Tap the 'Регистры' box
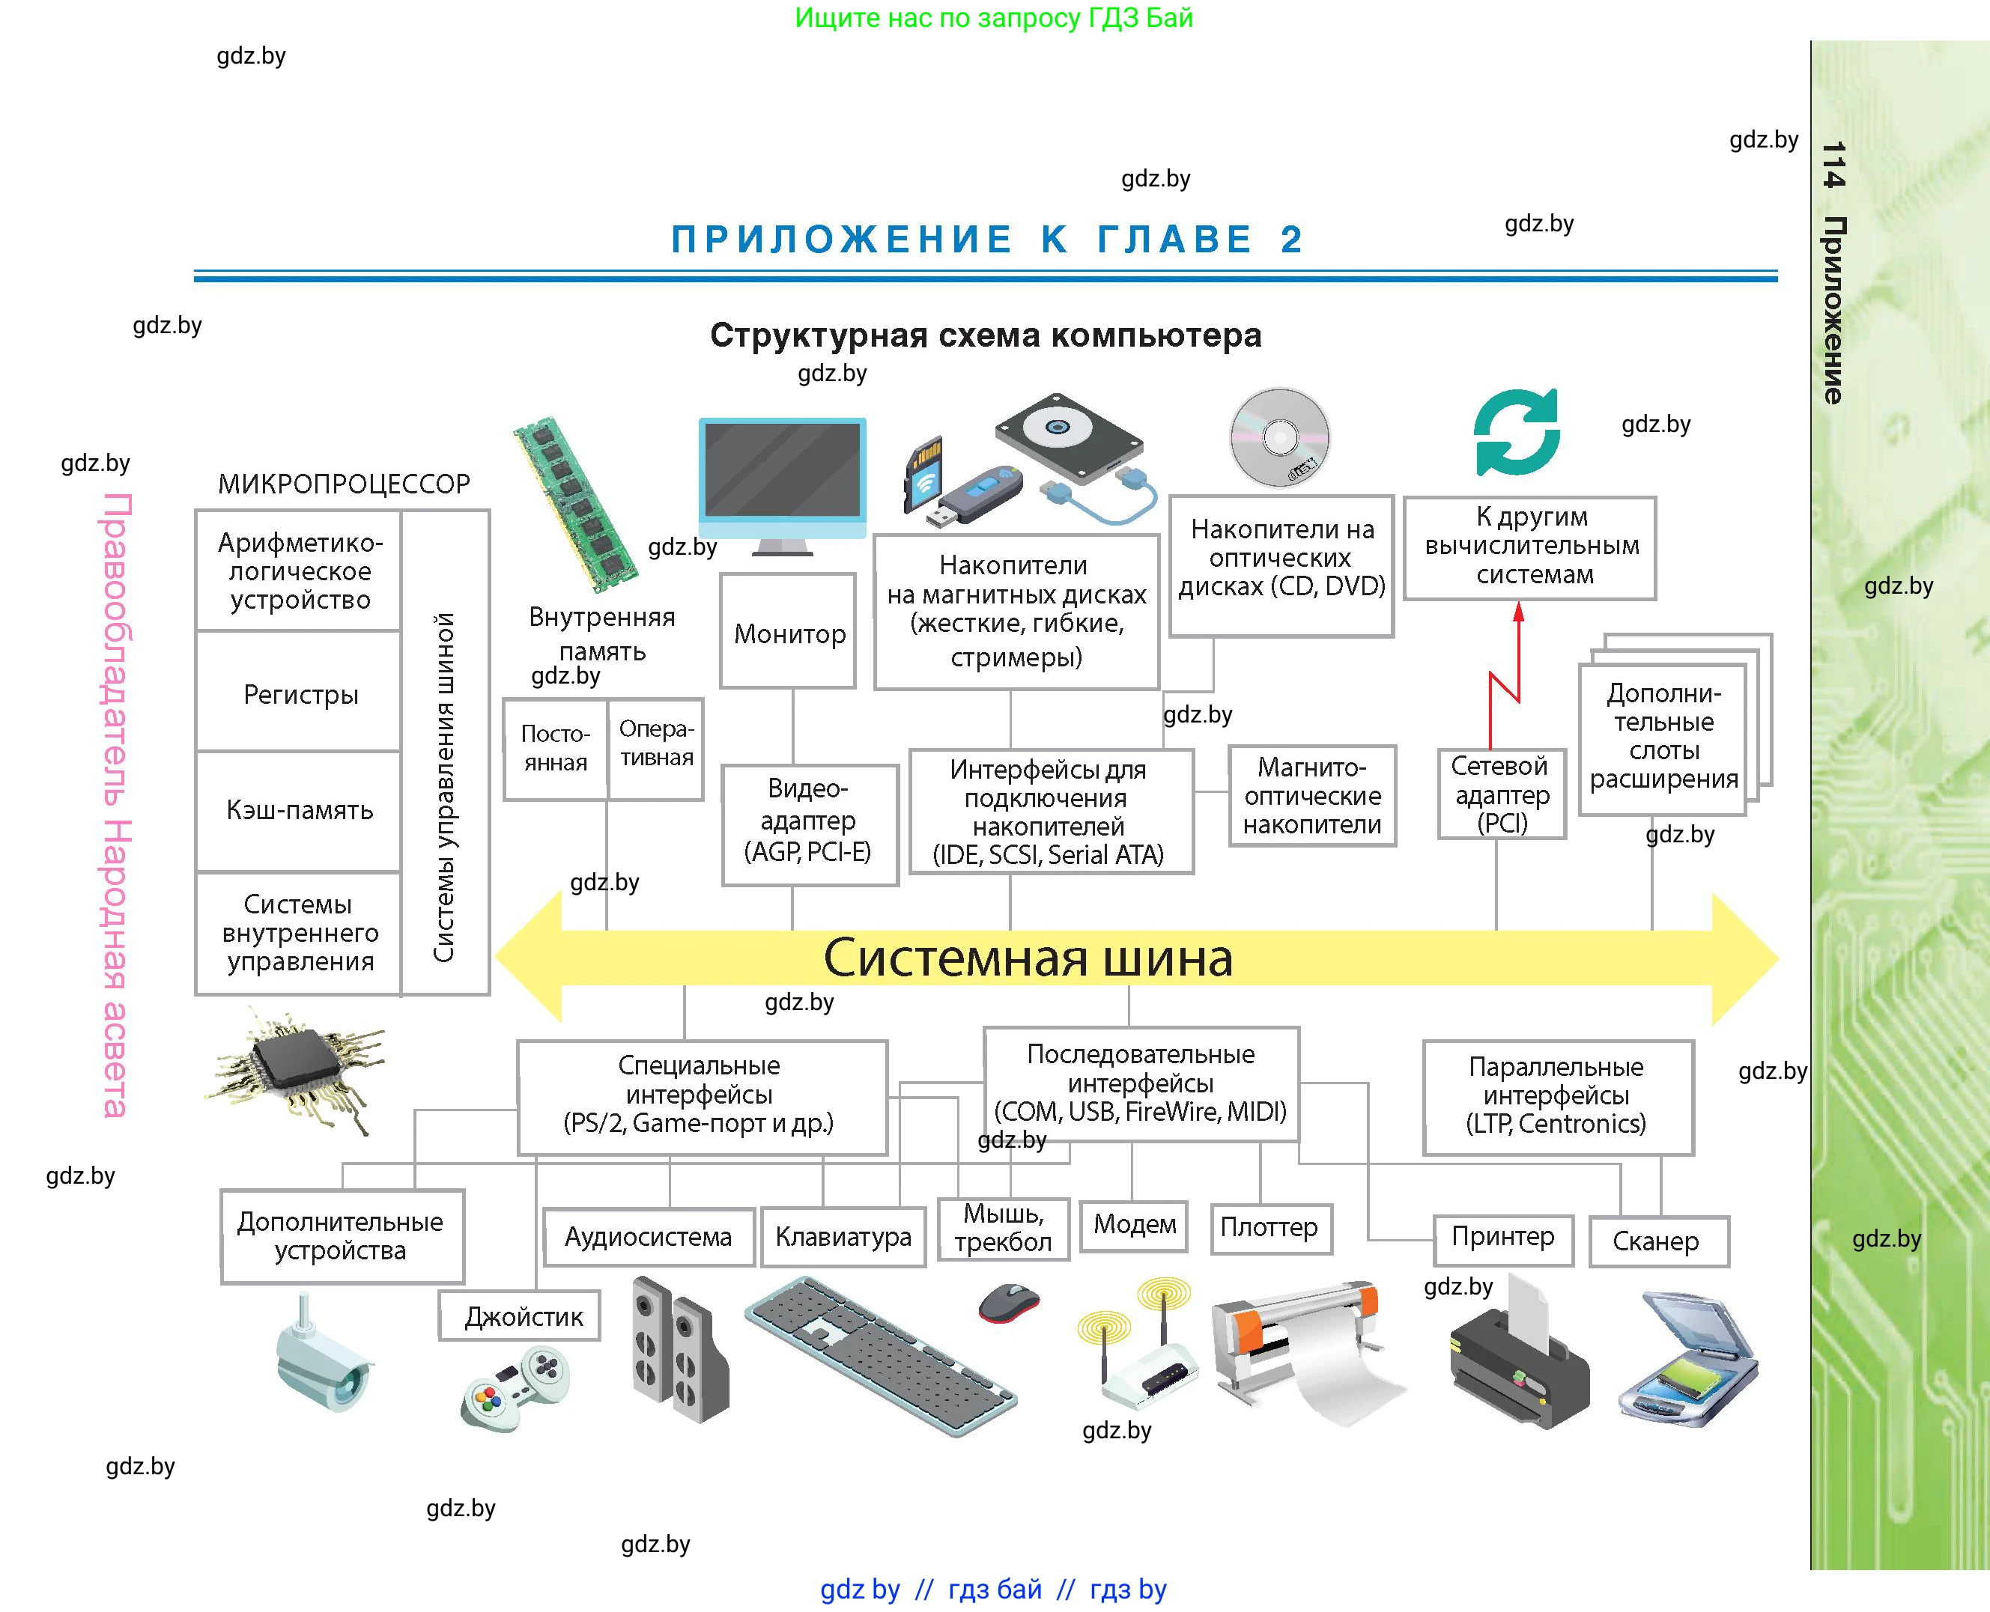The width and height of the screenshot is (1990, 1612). [299, 693]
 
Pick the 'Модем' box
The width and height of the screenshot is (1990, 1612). [1134, 1225]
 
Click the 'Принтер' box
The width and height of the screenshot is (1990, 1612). [1502, 1238]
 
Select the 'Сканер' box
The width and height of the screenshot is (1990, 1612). [1657, 1241]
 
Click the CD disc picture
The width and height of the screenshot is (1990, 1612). [1280, 437]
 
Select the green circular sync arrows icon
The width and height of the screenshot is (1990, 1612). [1517, 432]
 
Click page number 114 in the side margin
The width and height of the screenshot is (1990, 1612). [1832, 165]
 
